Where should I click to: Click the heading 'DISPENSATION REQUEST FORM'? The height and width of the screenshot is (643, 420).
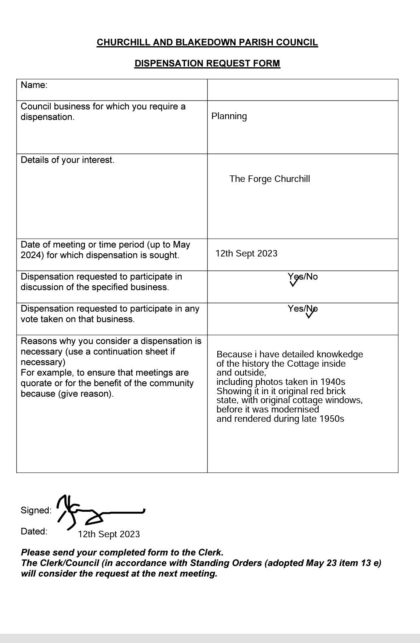pos(207,64)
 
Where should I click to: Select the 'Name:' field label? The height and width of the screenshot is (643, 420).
pos(34,85)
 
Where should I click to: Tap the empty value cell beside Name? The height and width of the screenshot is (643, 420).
pos(302,90)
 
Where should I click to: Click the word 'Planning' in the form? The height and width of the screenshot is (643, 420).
pos(229,116)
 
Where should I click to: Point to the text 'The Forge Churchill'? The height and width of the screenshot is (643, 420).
pos(270,179)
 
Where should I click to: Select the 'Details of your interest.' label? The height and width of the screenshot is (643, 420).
pos(67,160)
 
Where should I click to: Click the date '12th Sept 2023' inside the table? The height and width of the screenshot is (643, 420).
pos(246,254)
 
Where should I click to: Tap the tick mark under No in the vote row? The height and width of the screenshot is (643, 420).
pos(311,314)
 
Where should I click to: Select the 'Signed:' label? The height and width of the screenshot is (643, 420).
pos(36,511)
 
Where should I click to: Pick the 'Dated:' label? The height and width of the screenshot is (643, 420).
pos(34,532)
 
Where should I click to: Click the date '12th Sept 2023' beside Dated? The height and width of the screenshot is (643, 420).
pos(109,534)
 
